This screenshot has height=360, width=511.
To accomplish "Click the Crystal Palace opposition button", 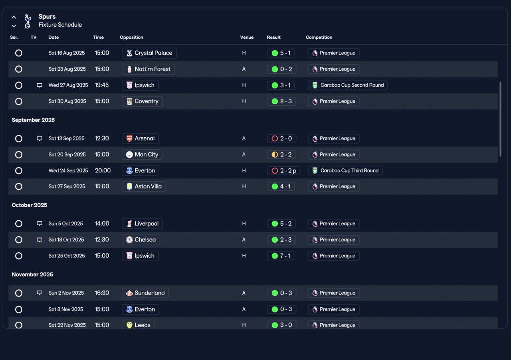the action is point(149,53).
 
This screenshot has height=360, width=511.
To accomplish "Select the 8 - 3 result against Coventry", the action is point(281,101).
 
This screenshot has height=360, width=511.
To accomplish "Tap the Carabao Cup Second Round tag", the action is point(348,85).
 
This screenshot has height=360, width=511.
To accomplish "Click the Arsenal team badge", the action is point(129,138).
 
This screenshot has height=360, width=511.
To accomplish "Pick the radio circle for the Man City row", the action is point(19,155).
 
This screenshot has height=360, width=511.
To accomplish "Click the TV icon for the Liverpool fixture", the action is point(40,224).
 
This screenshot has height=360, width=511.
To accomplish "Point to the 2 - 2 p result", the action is point(283,171).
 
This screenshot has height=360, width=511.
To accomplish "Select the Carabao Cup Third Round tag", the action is point(345,171).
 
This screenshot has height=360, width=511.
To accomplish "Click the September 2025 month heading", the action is point(33,120).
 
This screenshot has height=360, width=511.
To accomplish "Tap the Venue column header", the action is point(247,38).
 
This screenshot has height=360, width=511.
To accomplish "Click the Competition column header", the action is point(319,38).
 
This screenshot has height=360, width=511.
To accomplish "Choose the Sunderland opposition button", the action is point(145,293).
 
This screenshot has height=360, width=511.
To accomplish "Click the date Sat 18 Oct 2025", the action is point(66,240).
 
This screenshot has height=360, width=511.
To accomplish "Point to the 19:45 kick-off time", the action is point(102,85).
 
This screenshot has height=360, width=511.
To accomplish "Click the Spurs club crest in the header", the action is point(28,21).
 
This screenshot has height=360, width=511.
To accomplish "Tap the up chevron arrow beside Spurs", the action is point(14,17).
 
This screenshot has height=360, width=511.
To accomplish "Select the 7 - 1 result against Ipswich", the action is point(281,256).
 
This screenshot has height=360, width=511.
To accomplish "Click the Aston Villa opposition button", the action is point(144,187).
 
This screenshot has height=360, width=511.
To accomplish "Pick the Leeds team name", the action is point(143,325).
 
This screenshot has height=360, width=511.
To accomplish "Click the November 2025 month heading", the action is point(32,275).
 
